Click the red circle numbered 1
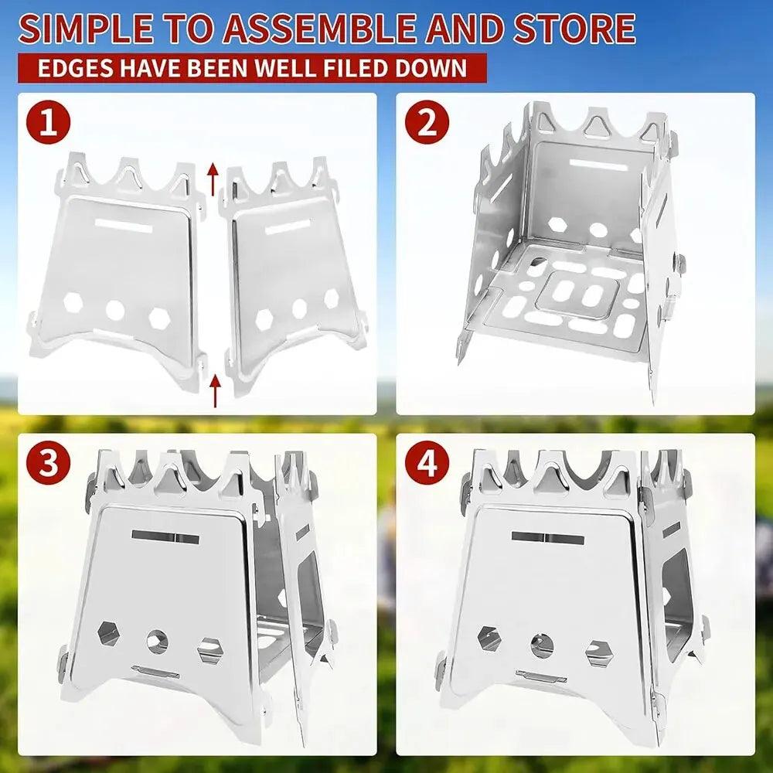(49, 124)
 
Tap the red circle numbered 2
(427, 124)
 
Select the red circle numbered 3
(49, 464)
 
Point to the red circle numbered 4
(427, 464)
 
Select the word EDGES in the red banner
(74, 68)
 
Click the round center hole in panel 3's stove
(158, 641)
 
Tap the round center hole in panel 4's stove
(541, 644)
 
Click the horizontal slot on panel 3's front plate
(165, 535)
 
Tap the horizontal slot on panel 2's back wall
(598, 165)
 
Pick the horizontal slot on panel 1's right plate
(288, 229)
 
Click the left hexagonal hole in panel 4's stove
(489, 638)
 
